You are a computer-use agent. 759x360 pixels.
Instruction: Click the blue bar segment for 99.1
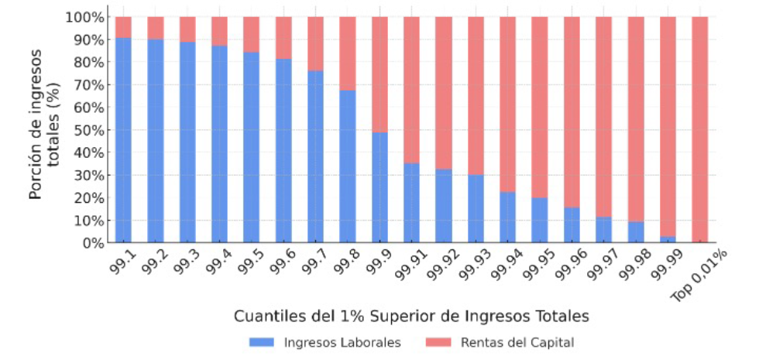coord(123,140)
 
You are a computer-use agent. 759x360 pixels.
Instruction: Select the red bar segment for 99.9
coord(379,74)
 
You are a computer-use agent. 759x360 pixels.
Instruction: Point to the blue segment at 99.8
coord(348,166)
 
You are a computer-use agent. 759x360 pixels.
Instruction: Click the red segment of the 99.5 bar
coord(252,34)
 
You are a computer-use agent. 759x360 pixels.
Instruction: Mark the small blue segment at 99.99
coord(668,239)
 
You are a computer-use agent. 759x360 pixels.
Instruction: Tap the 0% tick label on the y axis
coord(92,243)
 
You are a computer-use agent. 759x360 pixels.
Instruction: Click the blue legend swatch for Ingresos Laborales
coord(263,341)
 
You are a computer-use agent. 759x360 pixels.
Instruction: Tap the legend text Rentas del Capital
coord(517,341)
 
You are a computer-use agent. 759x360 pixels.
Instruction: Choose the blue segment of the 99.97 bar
coord(603,230)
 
